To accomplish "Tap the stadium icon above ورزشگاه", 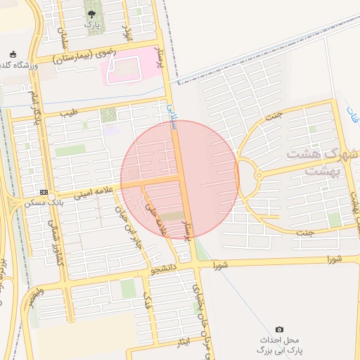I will [x=13, y=55].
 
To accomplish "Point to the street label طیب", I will [x=67, y=112].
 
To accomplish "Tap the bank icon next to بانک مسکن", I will [x=44, y=193].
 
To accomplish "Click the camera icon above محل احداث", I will [x=279, y=330].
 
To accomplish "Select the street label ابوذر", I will [x=127, y=32].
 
